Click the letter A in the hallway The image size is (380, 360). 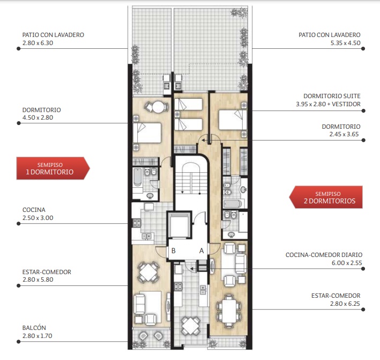(202, 251)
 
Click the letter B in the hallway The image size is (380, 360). (174, 251)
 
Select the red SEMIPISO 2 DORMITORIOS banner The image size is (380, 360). (326, 197)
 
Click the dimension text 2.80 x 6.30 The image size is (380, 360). (38, 43)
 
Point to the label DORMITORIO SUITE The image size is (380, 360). (332, 96)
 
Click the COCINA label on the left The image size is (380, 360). (34, 210)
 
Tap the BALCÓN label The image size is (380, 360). (34, 328)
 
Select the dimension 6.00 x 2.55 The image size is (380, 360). (347, 263)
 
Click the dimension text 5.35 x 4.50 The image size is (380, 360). (345, 43)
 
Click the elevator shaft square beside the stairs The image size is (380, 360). (180, 225)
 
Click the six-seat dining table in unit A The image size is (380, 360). (229, 311)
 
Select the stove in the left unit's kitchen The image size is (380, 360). (137, 223)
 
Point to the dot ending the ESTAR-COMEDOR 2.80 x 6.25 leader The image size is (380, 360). (363, 309)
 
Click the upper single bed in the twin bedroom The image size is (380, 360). (189, 104)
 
